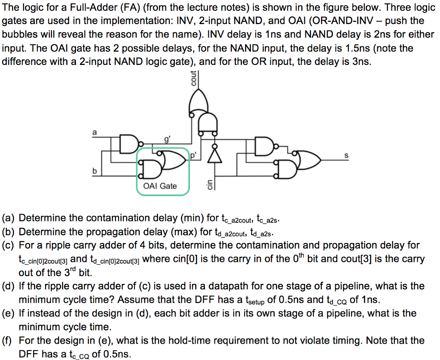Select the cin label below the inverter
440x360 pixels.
click(x=209, y=184)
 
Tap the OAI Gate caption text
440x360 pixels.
click(x=159, y=186)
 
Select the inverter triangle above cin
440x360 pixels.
click(x=212, y=156)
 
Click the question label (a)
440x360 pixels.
click(x=9, y=218)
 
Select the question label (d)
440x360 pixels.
click(x=9, y=286)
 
